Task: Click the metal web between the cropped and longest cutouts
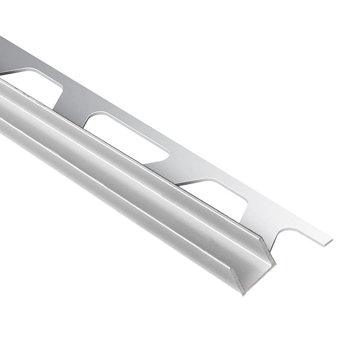72,100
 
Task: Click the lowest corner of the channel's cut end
243,295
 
